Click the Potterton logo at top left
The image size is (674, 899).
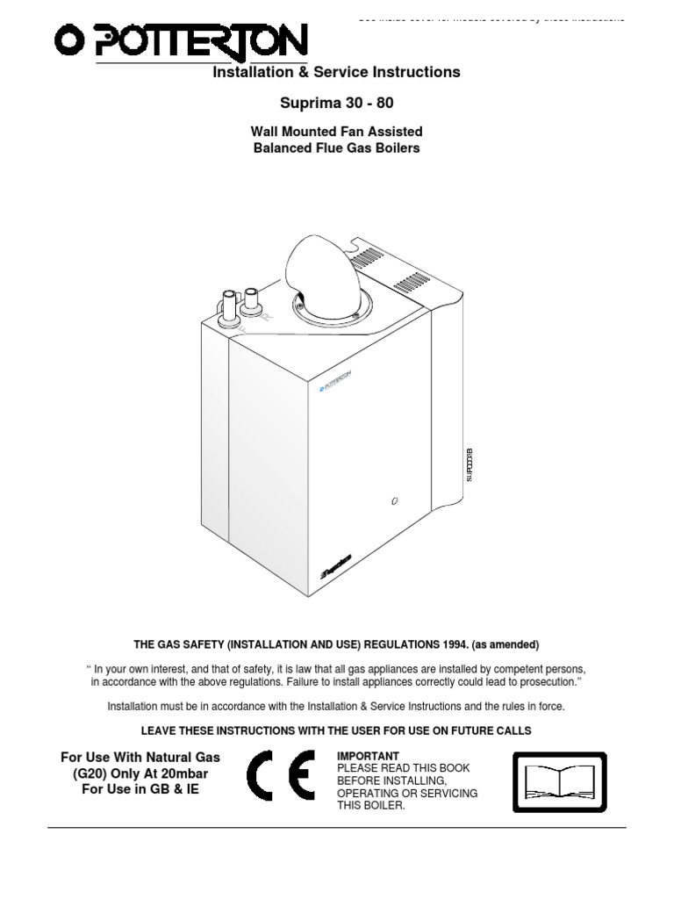coord(181,41)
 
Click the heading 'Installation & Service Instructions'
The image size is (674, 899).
coord(336,72)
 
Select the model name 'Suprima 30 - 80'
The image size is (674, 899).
coord(336,103)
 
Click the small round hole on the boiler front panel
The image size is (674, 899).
coord(395,501)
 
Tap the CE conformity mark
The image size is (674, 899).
coord(280,775)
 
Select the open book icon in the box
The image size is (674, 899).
coord(558,781)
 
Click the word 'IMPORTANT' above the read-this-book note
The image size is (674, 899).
coord(368,756)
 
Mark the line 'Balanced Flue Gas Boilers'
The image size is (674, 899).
coord(336,147)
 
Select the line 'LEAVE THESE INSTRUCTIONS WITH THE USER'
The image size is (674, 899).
coord(336,730)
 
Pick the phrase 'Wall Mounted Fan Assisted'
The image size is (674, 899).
coord(336,132)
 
